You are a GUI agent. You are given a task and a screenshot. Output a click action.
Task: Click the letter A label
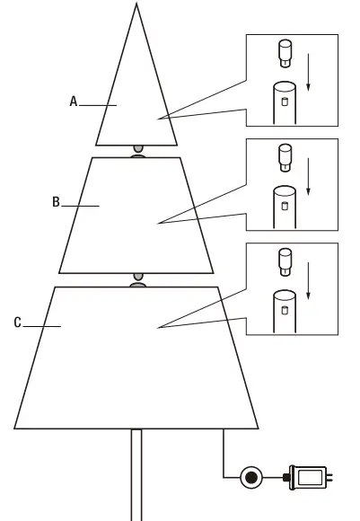click(74, 102)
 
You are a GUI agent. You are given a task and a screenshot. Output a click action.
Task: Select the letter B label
click(56, 203)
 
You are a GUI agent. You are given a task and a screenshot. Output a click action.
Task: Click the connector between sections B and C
click(137, 280)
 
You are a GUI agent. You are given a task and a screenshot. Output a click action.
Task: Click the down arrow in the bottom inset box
click(308, 280)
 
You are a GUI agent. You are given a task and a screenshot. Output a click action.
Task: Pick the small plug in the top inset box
click(286, 53)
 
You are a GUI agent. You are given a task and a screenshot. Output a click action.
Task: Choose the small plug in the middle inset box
click(286, 157)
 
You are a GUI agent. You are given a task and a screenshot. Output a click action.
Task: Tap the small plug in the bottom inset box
click(286, 261)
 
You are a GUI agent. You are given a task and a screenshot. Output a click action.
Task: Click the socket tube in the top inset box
click(285, 102)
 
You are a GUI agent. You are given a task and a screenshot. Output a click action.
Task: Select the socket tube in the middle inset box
click(285, 207)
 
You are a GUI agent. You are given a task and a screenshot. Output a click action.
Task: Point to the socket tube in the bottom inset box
click(285, 311)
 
